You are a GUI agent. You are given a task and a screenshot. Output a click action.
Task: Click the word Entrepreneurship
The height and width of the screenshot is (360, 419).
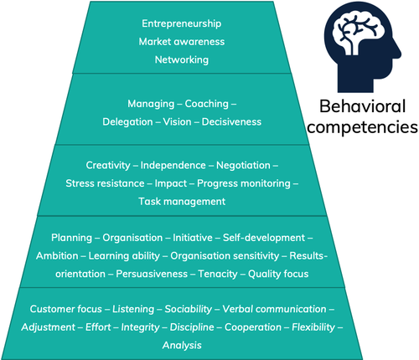182,23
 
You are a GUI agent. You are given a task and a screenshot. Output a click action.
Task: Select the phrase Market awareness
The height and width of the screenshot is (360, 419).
182,42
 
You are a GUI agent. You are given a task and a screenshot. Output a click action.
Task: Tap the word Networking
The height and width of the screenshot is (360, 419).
182,59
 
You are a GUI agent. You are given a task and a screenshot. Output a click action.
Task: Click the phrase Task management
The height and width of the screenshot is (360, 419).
182,201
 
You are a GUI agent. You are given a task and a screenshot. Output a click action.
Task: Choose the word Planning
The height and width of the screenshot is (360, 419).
70,238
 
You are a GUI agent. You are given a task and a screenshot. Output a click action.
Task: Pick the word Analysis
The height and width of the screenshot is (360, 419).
182,345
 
